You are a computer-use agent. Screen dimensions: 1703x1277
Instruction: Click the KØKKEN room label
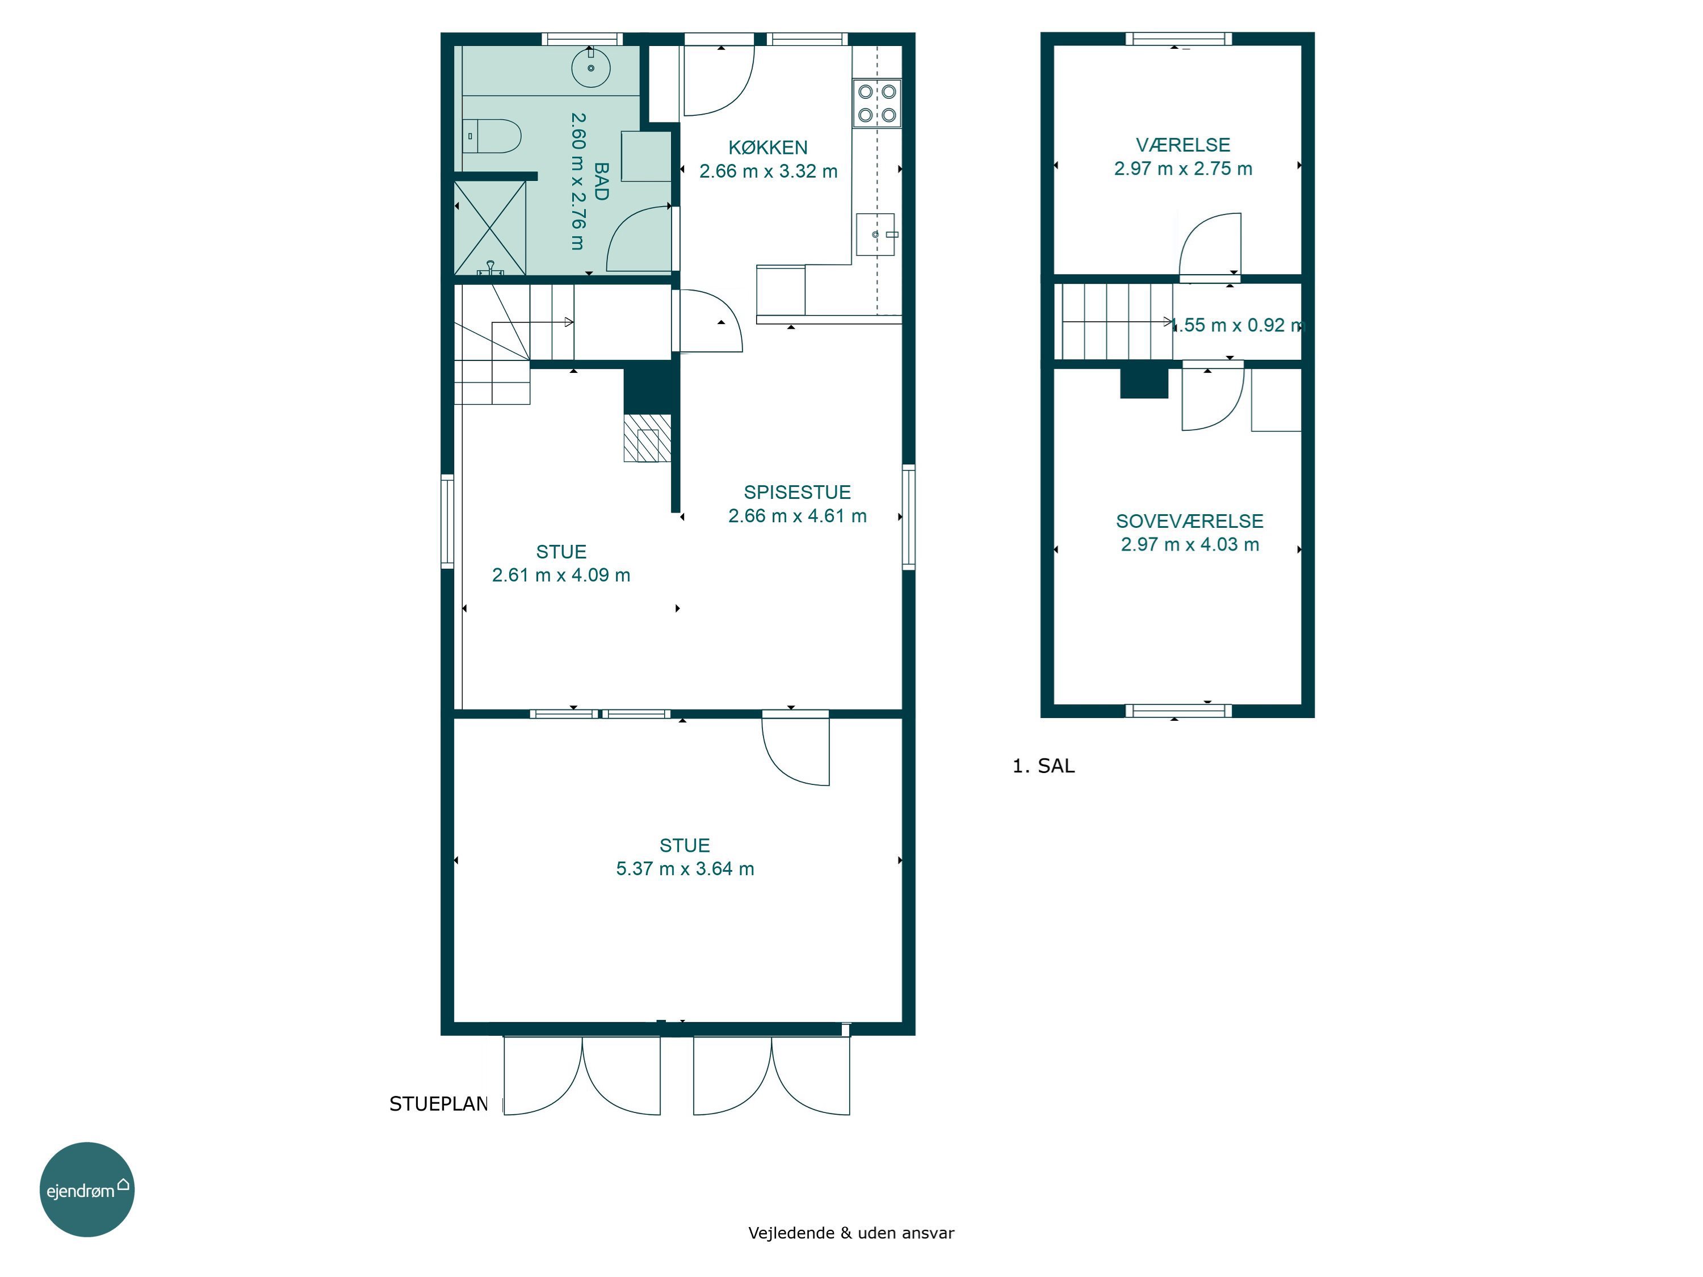pos(767,147)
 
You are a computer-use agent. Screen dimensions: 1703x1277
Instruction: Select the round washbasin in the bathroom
pos(590,68)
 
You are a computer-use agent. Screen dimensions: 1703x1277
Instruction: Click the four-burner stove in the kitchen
pos(877,103)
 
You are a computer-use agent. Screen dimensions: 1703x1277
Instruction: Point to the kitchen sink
pos(876,234)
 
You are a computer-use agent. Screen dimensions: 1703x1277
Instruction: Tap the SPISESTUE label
pos(797,492)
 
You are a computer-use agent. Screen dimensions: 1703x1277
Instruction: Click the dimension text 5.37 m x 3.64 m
pos(685,869)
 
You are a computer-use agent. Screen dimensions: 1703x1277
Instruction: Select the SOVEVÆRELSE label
pos(1189,521)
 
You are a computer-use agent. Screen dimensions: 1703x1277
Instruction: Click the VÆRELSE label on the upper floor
pos(1182,145)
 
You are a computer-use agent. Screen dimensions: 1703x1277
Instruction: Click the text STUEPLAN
pos(438,1104)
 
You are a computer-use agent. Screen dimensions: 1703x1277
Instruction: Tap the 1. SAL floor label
pos(1043,766)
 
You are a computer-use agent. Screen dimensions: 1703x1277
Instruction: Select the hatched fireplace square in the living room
pos(647,438)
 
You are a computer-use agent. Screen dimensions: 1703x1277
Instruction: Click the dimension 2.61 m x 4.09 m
pos(561,575)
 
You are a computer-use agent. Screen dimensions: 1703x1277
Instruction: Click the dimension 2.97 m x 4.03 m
pos(1189,545)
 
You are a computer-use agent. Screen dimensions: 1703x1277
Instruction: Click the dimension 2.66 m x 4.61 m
pos(797,516)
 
